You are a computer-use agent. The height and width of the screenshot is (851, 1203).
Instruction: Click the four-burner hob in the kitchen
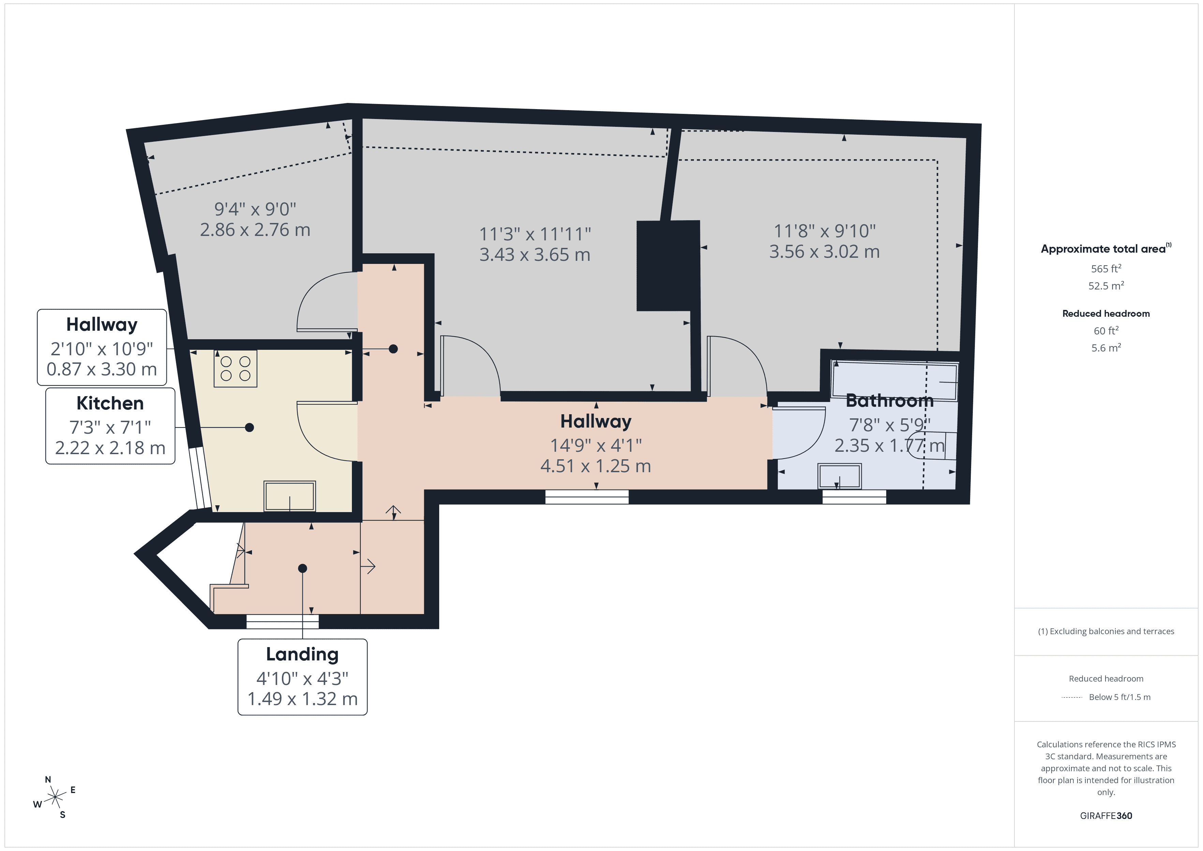(x=235, y=368)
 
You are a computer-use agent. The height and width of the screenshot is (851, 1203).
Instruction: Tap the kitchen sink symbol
(x=289, y=496)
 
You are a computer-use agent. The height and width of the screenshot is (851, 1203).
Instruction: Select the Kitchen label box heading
(x=110, y=403)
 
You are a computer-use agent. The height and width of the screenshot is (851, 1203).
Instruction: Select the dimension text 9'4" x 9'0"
(x=255, y=209)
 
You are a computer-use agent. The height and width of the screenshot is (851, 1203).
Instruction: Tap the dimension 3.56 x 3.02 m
(x=824, y=252)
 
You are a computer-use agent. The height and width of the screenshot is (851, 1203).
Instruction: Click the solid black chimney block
(x=668, y=266)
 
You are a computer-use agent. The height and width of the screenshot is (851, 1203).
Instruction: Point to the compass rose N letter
(x=48, y=779)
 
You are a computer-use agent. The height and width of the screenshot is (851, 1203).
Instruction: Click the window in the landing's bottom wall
(x=282, y=622)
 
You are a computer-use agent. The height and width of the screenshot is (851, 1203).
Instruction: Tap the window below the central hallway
(x=587, y=497)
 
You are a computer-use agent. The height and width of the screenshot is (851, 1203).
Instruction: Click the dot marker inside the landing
(x=302, y=568)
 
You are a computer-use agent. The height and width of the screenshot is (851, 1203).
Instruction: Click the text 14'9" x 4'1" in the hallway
(x=596, y=445)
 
